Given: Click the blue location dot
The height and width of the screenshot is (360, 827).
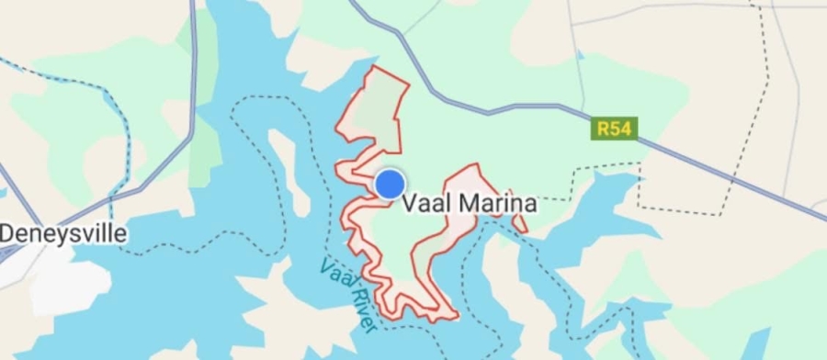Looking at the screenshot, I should [391, 184].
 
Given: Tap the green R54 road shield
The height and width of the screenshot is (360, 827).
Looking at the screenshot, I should [614, 129].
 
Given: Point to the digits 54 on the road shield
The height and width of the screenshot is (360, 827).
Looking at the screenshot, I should [620, 129].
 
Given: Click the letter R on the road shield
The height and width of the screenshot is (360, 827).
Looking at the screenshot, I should [604, 129].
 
